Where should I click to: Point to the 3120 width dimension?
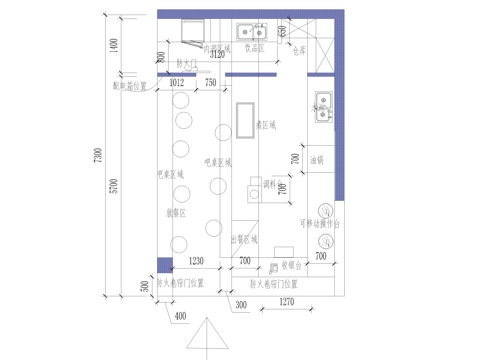230,54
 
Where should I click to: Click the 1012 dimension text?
177,83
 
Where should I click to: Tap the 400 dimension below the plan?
180,317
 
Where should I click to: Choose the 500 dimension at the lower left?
144,285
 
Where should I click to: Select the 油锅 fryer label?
317,160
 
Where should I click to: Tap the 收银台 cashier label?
291,265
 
